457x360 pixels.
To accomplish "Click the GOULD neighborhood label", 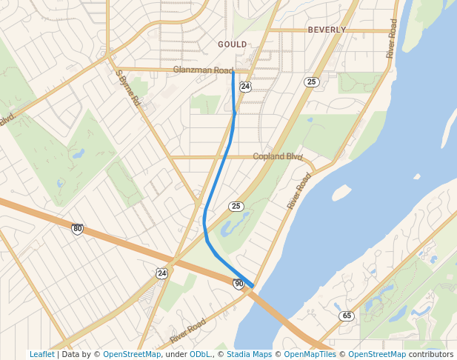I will coord(233,44).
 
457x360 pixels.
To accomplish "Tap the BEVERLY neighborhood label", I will coord(327,30).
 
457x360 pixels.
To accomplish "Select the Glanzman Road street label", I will coord(203,70).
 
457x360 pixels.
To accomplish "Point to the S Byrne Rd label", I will coord(128,88).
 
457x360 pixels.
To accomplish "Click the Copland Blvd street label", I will coord(278,156).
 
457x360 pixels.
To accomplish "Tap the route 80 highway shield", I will coord(77,228).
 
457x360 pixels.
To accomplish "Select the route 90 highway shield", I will coord(238,284).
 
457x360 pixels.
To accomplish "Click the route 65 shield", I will coord(347,316).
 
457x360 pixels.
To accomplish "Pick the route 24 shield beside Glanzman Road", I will coord(245,87).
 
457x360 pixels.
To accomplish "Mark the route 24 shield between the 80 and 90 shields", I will coord(161,273).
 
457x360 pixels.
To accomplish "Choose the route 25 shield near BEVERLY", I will coord(312,81).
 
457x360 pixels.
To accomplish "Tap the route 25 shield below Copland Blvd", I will coord(236,206).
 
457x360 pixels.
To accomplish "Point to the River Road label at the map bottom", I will coord(187,330).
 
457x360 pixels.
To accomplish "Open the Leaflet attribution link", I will coord(42,355).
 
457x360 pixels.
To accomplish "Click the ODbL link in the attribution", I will coord(199,355).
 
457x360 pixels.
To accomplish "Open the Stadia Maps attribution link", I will coord(249,355).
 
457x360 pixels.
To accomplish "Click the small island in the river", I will coord(341,193).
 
